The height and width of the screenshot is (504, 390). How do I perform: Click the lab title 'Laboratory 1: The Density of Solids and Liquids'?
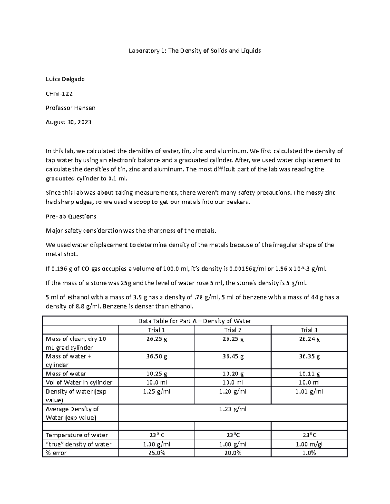point(195,51)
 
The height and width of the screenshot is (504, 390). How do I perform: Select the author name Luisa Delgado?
point(65,79)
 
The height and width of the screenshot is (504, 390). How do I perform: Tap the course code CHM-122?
point(59,94)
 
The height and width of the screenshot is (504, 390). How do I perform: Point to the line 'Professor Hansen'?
point(71,108)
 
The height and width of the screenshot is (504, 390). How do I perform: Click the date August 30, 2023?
point(68,122)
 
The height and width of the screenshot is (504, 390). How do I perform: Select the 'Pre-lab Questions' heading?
point(71,216)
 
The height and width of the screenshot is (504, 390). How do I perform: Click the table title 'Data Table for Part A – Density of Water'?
point(195,321)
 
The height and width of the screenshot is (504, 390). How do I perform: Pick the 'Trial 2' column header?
point(233,330)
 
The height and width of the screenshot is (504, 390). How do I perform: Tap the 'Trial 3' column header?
point(309,330)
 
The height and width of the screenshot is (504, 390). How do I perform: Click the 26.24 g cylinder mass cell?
point(309,339)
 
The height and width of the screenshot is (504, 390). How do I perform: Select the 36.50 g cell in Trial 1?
point(157,356)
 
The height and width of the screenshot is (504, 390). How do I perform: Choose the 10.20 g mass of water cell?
point(233,374)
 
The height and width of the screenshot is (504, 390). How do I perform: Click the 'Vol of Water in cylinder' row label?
point(79,382)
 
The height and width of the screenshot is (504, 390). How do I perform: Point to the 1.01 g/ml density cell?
point(309,391)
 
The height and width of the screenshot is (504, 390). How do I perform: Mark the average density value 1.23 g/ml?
point(233,409)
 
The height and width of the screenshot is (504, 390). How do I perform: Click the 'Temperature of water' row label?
point(77,435)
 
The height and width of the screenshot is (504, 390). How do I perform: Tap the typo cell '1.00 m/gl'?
point(309,444)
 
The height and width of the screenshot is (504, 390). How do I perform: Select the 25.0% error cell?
point(157,453)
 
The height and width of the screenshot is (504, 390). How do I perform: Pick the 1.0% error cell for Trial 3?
point(309,453)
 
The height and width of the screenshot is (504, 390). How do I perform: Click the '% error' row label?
point(56,453)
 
